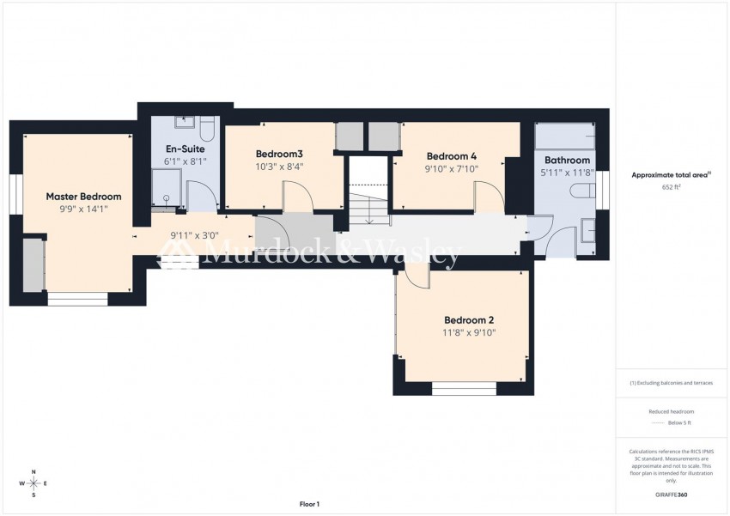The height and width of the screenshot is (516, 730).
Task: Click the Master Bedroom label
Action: tap(83, 197)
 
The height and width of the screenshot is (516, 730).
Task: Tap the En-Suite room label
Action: tap(185, 149)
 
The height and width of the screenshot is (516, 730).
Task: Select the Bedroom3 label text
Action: tap(280, 155)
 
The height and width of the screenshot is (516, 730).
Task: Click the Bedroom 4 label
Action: tap(452, 156)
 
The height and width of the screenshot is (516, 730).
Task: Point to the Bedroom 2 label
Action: tap(468, 320)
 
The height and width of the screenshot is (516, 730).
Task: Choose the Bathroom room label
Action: tap(567, 161)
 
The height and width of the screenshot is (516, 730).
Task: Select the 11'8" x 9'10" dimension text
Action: tap(469, 333)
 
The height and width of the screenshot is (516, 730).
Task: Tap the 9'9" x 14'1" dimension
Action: tap(83, 209)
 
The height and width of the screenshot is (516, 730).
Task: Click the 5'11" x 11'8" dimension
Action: tap(568, 173)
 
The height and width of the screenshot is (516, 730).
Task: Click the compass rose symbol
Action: tap(33, 483)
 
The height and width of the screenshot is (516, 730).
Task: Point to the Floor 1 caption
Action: tap(308, 504)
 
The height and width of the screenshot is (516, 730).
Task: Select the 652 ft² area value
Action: tap(671, 186)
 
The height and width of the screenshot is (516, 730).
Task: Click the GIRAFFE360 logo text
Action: tap(671, 495)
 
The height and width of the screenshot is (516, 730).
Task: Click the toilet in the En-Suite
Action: tap(206, 128)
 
